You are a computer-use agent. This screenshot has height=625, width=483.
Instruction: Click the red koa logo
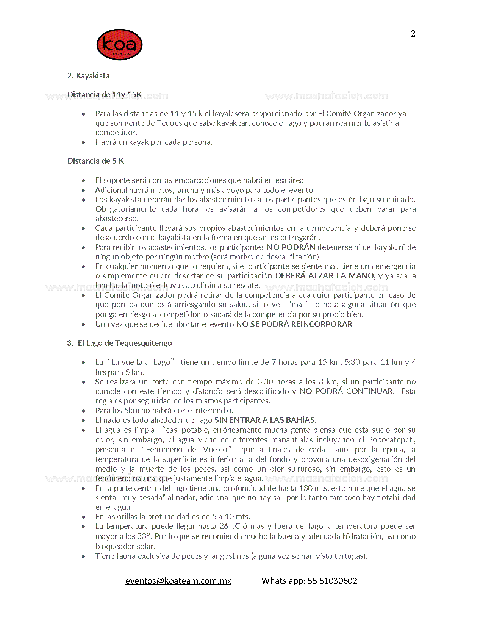click(119, 45)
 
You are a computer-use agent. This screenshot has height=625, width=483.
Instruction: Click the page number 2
click(413, 34)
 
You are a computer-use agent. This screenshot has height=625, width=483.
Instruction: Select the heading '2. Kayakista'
click(88, 75)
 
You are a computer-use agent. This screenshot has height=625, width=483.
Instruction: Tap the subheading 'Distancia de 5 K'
click(95, 161)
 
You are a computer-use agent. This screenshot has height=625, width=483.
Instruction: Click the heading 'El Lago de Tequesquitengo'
click(125, 343)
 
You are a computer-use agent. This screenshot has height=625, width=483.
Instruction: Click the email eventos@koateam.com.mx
click(178, 581)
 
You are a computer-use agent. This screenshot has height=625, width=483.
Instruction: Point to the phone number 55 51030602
click(332, 581)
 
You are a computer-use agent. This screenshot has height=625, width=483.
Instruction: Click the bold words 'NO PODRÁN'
click(291, 247)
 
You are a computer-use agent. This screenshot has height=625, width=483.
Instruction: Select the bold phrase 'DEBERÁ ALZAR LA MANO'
click(325, 276)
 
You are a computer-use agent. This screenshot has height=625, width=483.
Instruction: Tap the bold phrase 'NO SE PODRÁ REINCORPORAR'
click(294, 324)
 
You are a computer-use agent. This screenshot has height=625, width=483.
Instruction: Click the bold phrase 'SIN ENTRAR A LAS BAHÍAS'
click(265, 420)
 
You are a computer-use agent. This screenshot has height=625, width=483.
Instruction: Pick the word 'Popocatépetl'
click(391, 440)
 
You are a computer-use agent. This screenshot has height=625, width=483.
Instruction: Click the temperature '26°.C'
click(230, 526)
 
